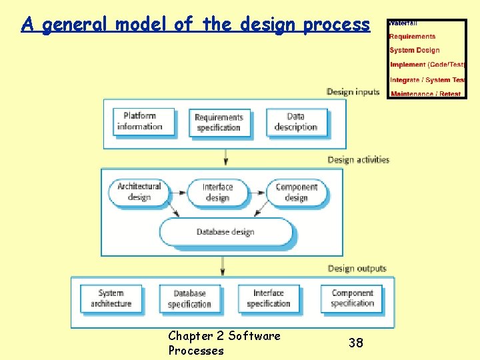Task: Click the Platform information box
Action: click(x=143, y=122)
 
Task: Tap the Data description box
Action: click(x=296, y=122)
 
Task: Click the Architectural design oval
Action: click(x=139, y=192)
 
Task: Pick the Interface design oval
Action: click(x=217, y=192)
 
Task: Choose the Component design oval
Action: click(x=296, y=192)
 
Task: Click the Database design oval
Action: click(x=225, y=232)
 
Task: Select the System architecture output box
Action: click(x=111, y=298)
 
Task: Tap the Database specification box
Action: click(x=190, y=298)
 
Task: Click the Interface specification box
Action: click(x=269, y=298)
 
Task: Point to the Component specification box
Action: click(x=352, y=298)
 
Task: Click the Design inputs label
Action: click(x=353, y=92)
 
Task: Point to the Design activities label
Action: click(x=358, y=160)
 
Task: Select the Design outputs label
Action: click(x=357, y=269)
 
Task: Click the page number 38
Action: click(x=356, y=343)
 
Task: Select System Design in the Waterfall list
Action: click(x=414, y=51)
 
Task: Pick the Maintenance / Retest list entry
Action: click(x=425, y=94)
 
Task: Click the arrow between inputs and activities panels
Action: click(x=225, y=157)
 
